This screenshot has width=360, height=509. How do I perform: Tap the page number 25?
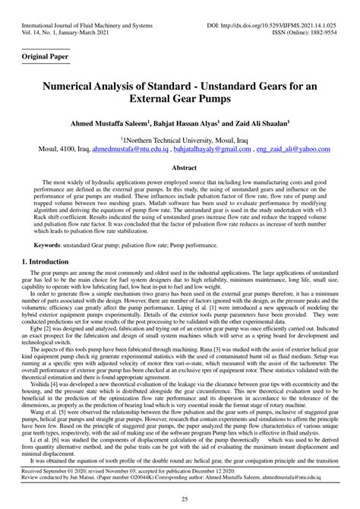click(x=180, y=498)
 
